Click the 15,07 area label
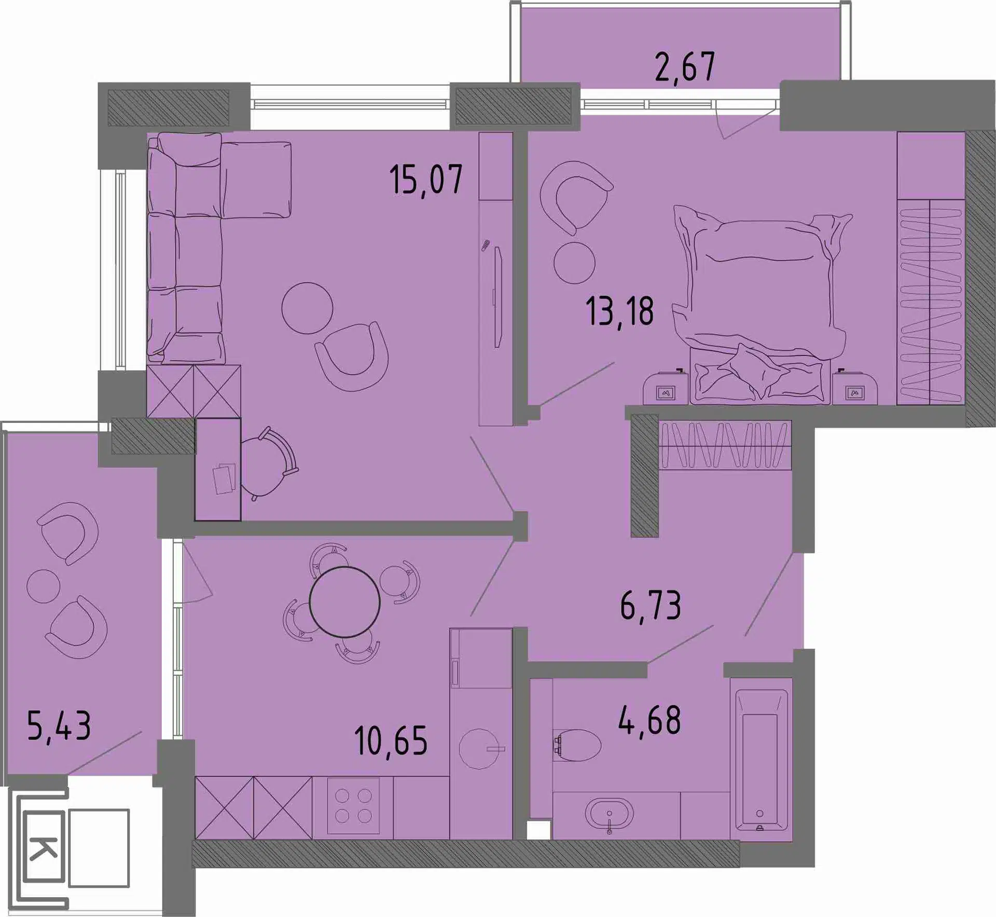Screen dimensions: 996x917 pos(426,180)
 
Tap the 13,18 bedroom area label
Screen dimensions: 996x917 pos(620,311)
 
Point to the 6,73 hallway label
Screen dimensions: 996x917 pos(651,606)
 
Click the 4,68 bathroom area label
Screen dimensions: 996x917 pos(649,720)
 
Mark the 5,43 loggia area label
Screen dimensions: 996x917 pos(59,726)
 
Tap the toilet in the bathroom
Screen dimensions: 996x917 pos(577,745)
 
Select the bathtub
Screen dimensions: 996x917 pos(761,759)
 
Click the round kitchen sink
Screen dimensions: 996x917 pos(479,749)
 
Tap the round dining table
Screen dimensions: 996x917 pos(344,602)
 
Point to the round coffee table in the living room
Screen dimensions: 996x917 pos(307,308)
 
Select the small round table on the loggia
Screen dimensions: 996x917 pos(44,586)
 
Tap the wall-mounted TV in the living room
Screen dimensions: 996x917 pos(498,297)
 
